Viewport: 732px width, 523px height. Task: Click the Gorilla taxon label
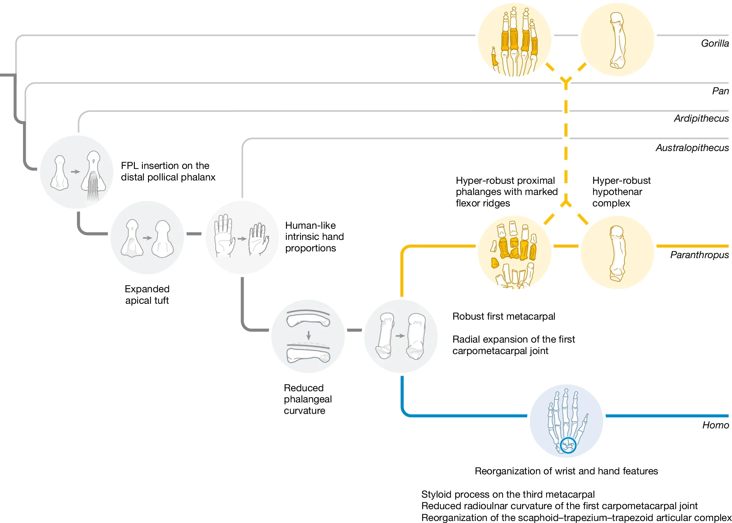pyautogui.click(x=714, y=44)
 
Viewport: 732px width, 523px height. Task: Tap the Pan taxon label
pyautogui.click(x=720, y=91)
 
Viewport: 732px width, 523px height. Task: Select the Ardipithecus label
pyautogui.click(x=701, y=119)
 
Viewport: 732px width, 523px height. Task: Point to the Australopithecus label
pyautogui.click(x=692, y=148)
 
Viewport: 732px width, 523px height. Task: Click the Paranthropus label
pyautogui.click(x=699, y=255)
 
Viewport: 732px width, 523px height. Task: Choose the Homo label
pyautogui.click(x=715, y=425)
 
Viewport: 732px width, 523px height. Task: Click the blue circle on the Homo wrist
pyautogui.click(x=568, y=445)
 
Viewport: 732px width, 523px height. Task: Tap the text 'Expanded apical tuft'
pyautogui.click(x=147, y=295)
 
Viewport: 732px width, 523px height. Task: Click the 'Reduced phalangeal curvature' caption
pyautogui.click(x=308, y=399)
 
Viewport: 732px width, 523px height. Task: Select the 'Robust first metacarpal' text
pyautogui.click(x=504, y=317)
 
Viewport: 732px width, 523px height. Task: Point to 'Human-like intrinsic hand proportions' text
pyautogui.click(x=314, y=237)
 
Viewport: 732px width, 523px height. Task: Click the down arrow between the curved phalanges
pyautogui.click(x=308, y=335)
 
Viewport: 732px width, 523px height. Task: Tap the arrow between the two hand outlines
pyautogui.click(x=242, y=239)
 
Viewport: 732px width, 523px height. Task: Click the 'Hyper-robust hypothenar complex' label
pyautogui.click(x=621, y=192)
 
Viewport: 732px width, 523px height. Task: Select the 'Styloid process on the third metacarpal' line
pyautogui.click(x=508, y=495)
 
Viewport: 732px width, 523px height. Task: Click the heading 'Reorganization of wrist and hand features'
pyautogui.click(x=566, y=471)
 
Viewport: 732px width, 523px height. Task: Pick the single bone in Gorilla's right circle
pyautogui.click(x=617, y=41)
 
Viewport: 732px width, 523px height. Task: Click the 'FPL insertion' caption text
pyautogui.click(x=168, y=172)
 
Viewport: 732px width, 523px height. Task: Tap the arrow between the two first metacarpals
pyautogui.click(x=400, y=336)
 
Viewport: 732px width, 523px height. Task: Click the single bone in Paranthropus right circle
pyautogui.click(x=617, y=253)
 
